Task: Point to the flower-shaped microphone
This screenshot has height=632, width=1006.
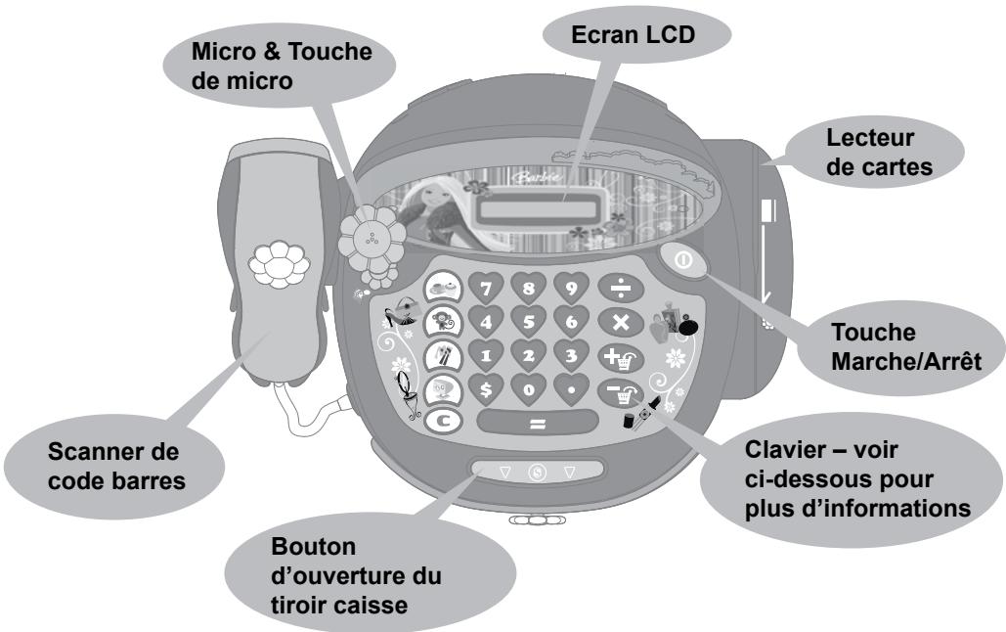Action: [x=370, y=236]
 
